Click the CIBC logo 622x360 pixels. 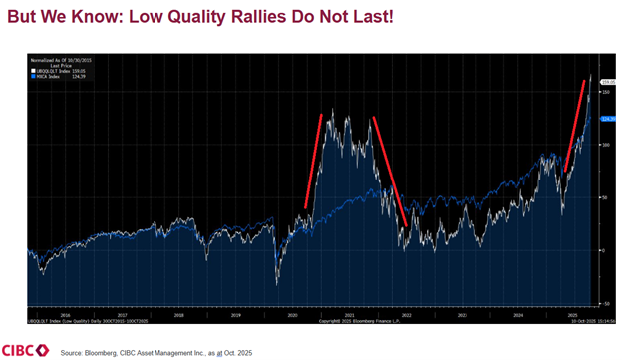pyautogui.click(x=27, y=347)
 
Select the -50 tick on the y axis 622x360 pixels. pyautogui.click(x=604, y=303)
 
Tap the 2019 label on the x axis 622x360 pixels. pyautogui.click(x=237, y=313)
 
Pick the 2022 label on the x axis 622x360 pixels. pyautogui.click(x=406, y=313)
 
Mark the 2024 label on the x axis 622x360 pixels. pyautogui.click(x=518, y=313)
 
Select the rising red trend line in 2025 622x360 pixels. pyautogui.click(x=574, y=127)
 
